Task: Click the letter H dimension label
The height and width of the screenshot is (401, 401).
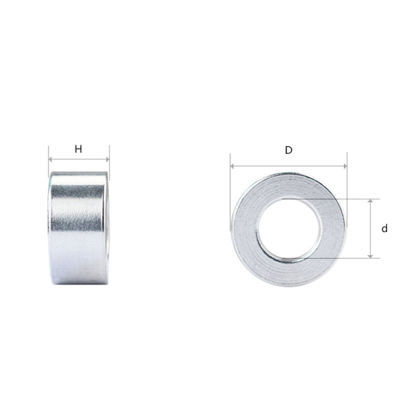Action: [x=78, y=149]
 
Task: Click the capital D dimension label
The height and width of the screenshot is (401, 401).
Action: [x=289, y=150]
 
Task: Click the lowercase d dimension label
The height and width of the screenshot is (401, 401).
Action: [x=384, y=229]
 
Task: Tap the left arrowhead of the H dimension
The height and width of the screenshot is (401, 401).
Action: [x=50, y=159]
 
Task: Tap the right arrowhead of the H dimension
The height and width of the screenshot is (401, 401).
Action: [x=108, y=159]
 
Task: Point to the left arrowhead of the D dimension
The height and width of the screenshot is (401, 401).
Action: [x=232, y=166]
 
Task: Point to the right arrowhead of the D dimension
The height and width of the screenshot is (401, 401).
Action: [x=345, y=166]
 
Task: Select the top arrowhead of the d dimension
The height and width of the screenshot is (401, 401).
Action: [x=370, y=201]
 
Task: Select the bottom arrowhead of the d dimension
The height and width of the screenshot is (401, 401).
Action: [x=370, y=256]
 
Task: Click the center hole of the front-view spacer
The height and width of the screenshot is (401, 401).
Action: [x=290, y=229]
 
